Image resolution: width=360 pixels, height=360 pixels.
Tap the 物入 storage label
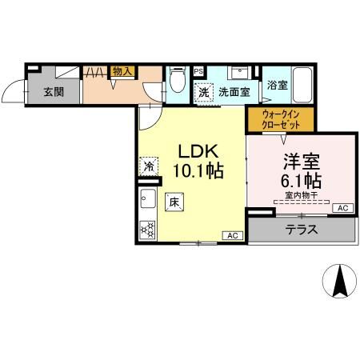122,72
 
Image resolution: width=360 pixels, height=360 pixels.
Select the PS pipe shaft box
198,70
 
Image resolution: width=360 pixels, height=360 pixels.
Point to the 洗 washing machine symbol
205,92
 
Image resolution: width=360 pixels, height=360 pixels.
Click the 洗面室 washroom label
234,92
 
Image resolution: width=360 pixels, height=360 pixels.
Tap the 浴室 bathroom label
278,85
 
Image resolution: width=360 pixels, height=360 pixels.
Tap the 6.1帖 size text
301,179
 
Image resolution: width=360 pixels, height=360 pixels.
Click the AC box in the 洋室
342,209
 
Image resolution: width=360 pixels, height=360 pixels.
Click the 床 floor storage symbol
174,202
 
